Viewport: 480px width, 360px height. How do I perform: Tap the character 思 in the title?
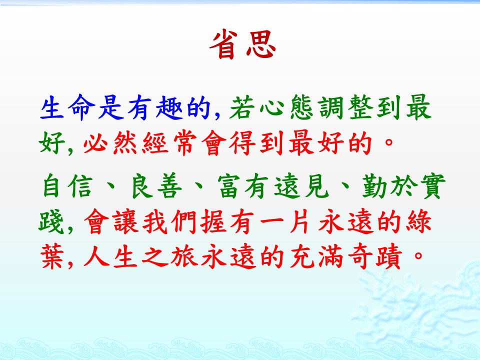[261, 44]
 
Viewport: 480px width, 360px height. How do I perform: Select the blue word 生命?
[66, 107]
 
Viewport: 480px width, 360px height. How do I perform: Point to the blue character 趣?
[169, 107]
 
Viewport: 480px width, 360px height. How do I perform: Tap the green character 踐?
[51, 221]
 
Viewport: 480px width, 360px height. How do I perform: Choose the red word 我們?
[169, 221]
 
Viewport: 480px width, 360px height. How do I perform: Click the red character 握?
[213, 221]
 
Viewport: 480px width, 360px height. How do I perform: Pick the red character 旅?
[183, 256]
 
